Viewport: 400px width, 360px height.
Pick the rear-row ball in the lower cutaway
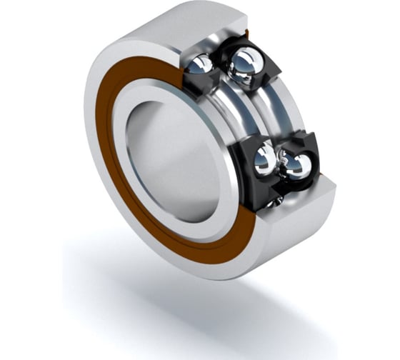(294, 166)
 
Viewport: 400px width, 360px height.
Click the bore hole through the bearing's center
(171, 161)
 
